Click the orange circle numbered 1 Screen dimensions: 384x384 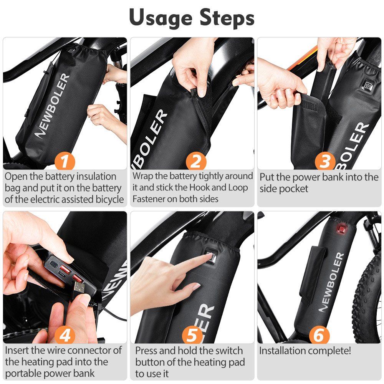[65, 161]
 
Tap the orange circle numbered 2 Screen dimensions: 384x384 [196, 161]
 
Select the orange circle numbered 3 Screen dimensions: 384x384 [325, 161]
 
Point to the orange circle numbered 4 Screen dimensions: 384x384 [65, 335]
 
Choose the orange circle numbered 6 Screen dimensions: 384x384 [319, 335]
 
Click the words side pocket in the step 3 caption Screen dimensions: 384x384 [284, 189]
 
